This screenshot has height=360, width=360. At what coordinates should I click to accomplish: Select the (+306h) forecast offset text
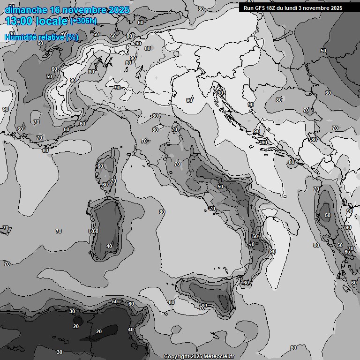point(83,21)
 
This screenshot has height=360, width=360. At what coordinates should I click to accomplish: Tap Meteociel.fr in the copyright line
point(216,356)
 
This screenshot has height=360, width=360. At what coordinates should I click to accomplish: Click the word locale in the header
point(52,21)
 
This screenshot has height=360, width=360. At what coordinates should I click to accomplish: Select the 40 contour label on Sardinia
point(109,246)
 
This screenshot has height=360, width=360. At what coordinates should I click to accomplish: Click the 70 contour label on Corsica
point(113,181)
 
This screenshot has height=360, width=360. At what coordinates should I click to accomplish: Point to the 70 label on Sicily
point(203,307)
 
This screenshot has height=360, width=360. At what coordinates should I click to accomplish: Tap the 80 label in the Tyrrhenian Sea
point(162,212)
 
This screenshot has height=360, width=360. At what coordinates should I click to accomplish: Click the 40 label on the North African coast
point(131,330)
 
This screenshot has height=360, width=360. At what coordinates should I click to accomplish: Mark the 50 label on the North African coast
point(115,301)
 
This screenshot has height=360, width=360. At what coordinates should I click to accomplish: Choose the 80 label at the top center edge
point(201,9)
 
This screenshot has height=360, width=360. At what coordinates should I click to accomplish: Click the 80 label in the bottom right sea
point(293,347)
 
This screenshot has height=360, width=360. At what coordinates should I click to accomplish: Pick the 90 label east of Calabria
point(273,251)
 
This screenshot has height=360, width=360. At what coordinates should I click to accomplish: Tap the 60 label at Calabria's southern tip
point(246,283)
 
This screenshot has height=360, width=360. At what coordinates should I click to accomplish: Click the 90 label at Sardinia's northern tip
point(118,205)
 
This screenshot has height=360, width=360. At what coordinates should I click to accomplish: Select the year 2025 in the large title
point(119,10)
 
